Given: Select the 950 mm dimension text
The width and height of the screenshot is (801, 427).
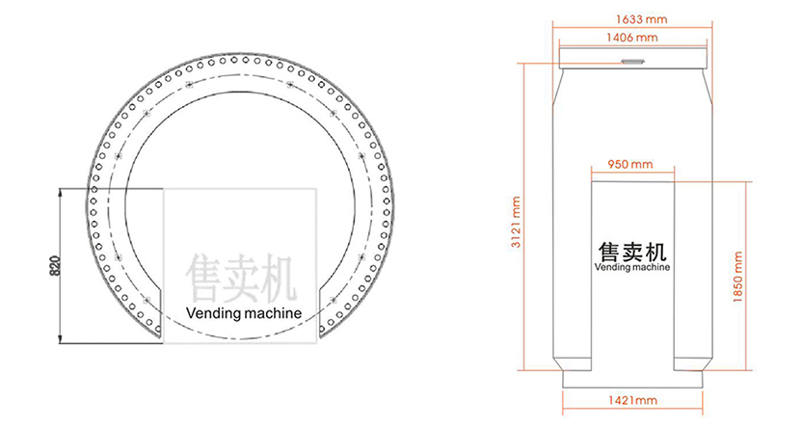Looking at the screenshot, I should pos(632,165).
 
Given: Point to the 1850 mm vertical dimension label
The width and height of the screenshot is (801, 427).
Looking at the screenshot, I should pos(740,278).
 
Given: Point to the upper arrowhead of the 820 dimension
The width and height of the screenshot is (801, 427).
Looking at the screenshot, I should pos(62,191).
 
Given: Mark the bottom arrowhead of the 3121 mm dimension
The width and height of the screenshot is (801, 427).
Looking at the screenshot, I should pos(525,368).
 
